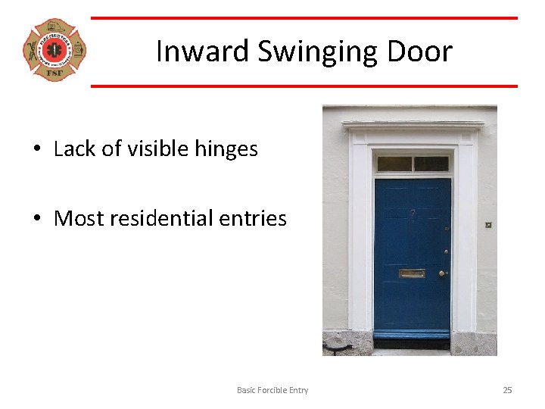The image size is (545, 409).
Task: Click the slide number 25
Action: (507, 390)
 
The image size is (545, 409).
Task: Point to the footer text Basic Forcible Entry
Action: (272, 390)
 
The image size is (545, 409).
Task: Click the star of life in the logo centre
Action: (54, 51)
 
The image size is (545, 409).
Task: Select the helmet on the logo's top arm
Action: (54, 28)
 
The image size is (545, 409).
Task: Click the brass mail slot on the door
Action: (412, 273)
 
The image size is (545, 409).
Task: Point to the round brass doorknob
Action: (441, 273)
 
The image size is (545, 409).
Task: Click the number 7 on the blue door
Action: (413, 214)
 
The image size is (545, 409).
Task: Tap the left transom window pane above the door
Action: (394, 164)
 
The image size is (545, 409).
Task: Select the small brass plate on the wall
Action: (488, 225)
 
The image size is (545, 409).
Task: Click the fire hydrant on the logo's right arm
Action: (77, 51)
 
